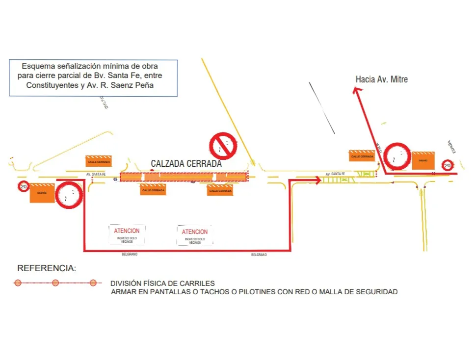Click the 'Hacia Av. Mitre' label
(381, 79)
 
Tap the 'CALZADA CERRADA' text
(186, 164)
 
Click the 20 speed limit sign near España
(447, 166)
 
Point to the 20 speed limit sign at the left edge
(23, 187)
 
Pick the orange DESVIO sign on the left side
(42, 193)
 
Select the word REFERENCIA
(47, 268)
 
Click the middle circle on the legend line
(55, 283)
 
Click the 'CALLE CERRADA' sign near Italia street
(362, 156)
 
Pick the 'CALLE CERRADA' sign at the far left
(99, 161)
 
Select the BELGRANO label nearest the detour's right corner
(259, 255)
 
